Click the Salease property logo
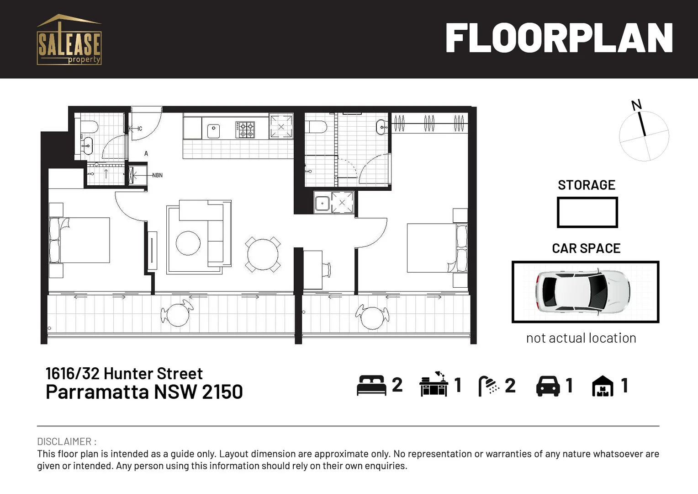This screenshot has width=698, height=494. tap(69, 40)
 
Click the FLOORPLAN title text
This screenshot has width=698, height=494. tap(559, 39)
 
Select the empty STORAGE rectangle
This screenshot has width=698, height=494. tap(587, 212)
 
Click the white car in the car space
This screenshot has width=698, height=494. tap(582, 291)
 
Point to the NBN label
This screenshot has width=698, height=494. tap(157, 175)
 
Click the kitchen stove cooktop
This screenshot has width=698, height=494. tap(245, 129)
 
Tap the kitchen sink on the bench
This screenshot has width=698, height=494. tap(213, 131)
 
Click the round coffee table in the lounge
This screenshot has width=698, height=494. tap(188, 243)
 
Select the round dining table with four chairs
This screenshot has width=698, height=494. tap(263, 254)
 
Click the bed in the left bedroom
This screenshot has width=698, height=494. tap(80, 240)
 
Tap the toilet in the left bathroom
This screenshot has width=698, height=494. tap(89, 126)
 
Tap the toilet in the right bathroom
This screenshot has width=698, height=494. tap(316, 127)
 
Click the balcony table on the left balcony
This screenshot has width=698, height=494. tap(177, 314)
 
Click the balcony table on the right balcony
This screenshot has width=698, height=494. tap(372, 317)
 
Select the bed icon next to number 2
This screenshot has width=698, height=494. tap(371, 385)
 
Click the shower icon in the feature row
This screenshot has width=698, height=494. tap(488, 386)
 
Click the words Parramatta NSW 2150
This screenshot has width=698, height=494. tap(144, 392)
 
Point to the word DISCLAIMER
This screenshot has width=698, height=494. tap(64, 441)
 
